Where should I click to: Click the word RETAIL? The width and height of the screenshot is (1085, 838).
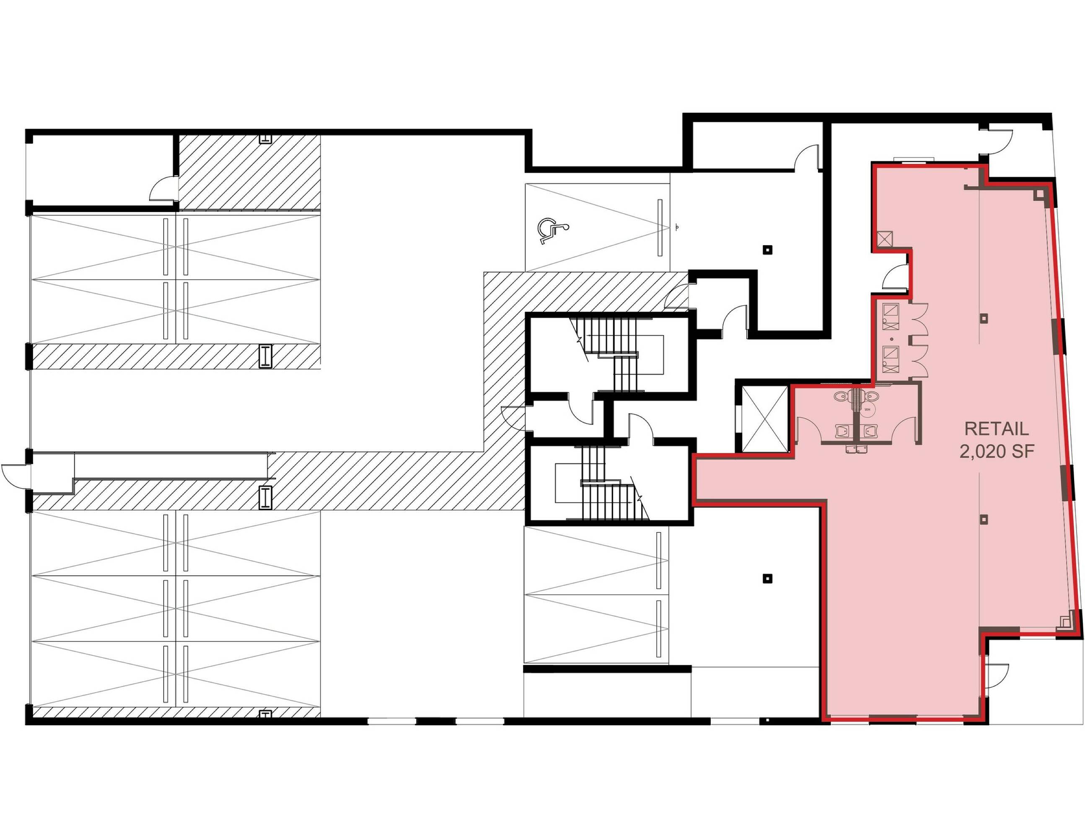click(x=997, y=429)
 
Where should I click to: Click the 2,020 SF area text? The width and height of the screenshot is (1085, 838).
click(x=997, y=452)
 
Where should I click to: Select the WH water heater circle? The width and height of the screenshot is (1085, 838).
click(x=867, y=410)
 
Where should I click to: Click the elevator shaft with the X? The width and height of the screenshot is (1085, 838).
click(x=764, y=419)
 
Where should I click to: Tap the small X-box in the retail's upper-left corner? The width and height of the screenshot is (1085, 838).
click(x=885, y=239)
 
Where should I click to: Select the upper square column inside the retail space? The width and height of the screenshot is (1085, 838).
click(x=984, y=318)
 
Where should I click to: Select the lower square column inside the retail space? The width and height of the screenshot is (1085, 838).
click(x=984, y=520)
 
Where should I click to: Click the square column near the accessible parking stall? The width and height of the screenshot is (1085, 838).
click(x=768, y=250)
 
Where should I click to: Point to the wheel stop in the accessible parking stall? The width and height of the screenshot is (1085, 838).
click(x=660, y=228)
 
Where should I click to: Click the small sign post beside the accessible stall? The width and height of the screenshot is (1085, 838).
click(x=676, y=228)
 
